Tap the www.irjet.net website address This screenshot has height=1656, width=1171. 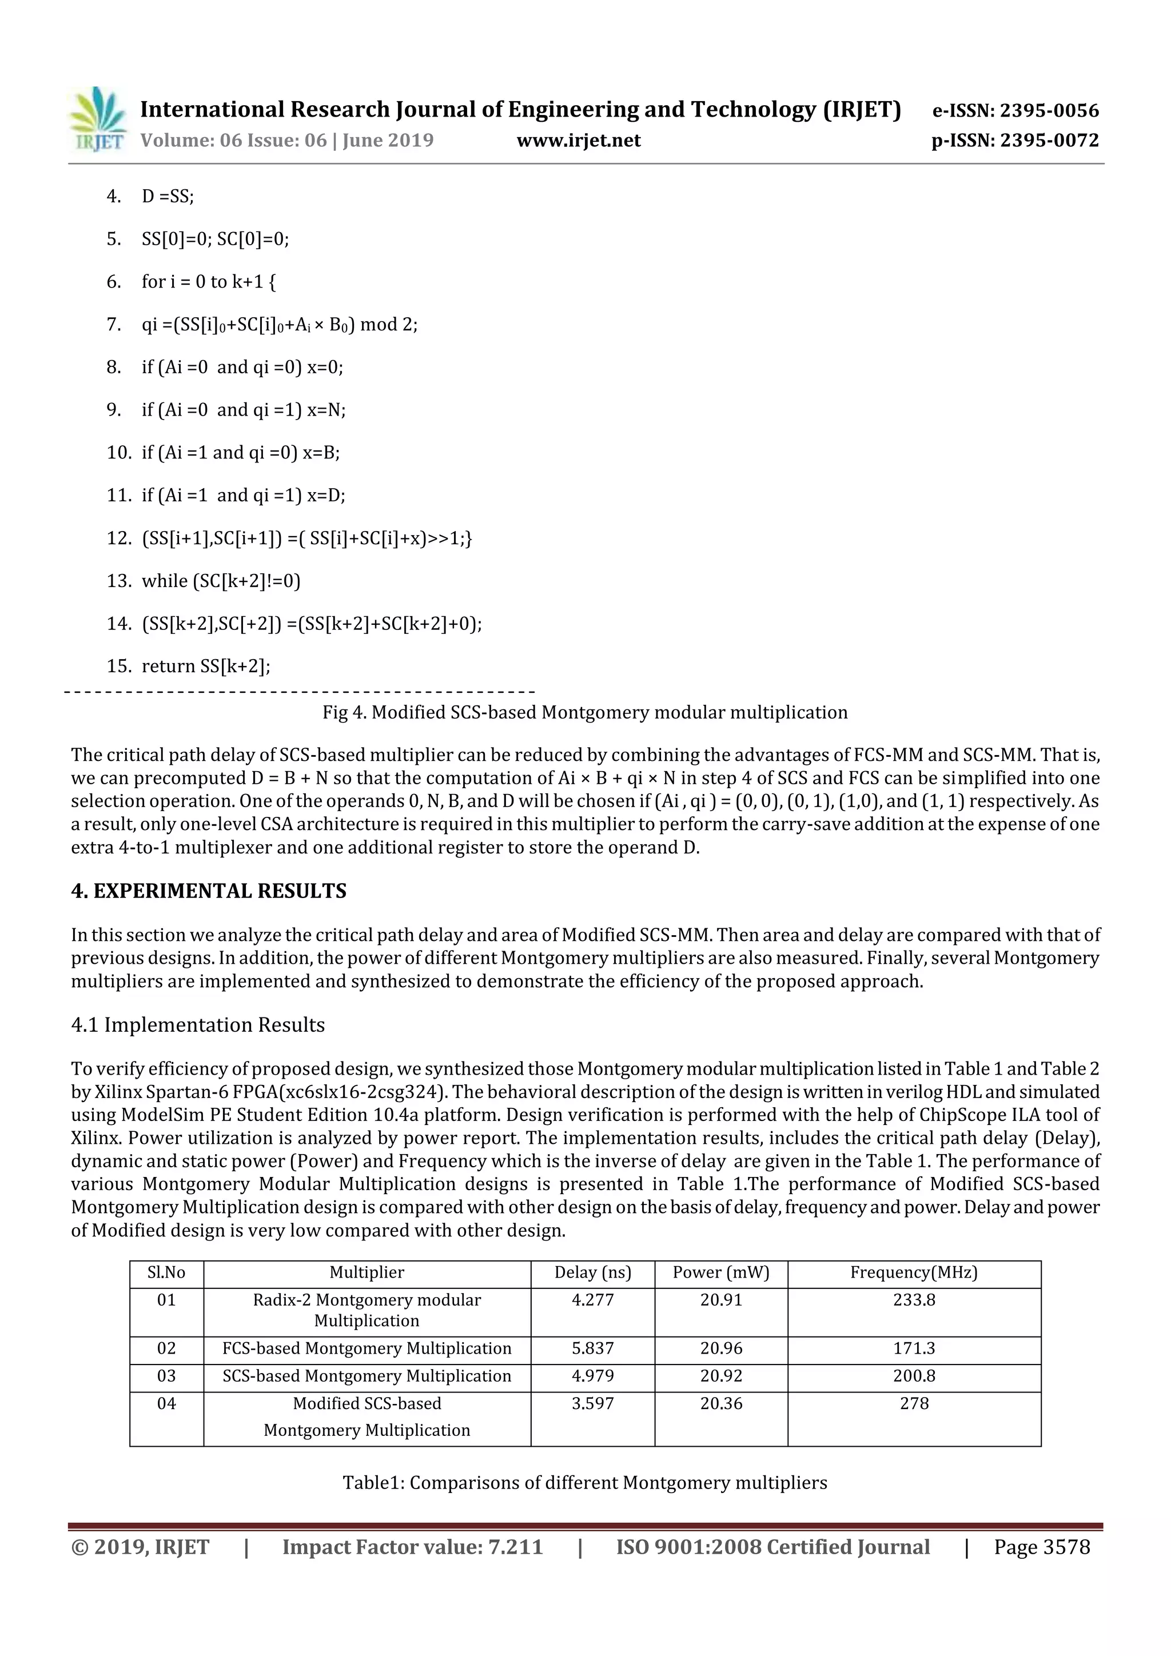click(579, 141)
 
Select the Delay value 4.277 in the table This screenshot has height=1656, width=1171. click(592, 1300)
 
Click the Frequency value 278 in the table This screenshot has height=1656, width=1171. click(914, 1403)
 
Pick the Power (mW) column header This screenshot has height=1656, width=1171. click(721, 1272)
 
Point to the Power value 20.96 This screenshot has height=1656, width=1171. click(721, 1348)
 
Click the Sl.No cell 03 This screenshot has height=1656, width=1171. click(166, 1375)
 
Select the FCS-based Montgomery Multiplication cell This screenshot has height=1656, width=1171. click(367, 1348)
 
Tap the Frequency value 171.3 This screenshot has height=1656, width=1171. click(914, 1348)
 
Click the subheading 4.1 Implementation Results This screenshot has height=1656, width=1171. click(198, 1025)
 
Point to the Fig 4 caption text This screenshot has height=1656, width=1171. click(584, 713)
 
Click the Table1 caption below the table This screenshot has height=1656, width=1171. click(584, 1482)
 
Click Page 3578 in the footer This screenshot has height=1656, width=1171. click(1041, 1546)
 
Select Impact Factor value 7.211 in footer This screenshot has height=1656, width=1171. click(412, 1546)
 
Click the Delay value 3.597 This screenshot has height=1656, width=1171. click(592, 1403)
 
